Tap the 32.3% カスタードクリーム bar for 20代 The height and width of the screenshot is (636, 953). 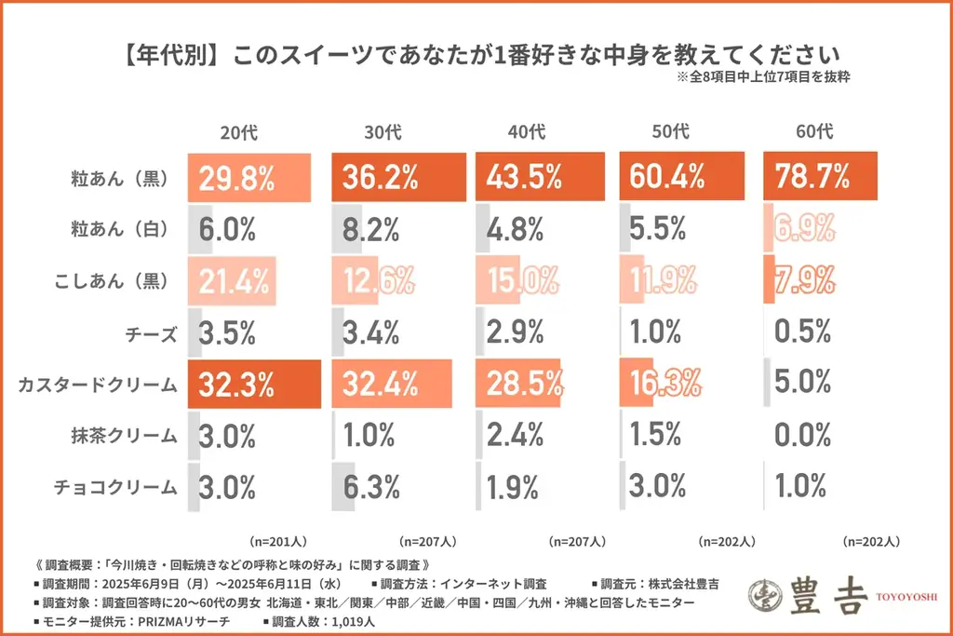point(254,383)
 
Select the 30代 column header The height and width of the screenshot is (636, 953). point(383,131)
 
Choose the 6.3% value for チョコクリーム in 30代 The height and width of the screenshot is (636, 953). point(369,486)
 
